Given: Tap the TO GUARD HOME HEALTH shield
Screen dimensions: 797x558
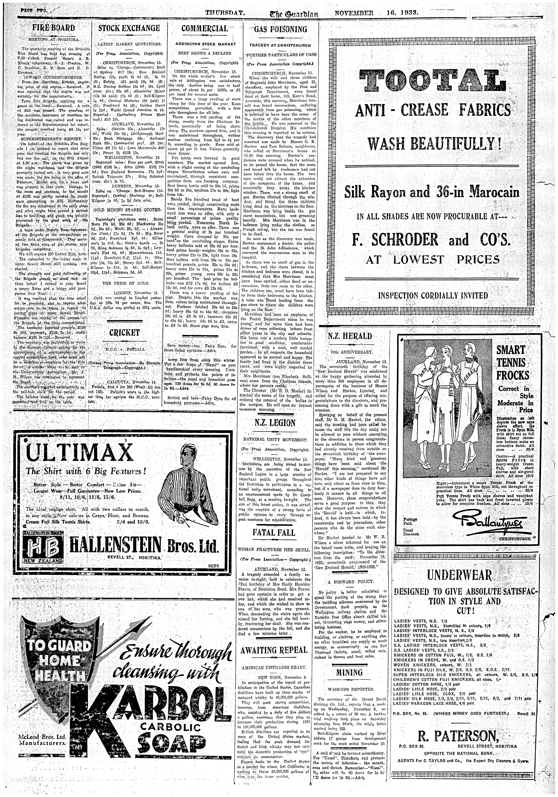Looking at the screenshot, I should point(53,659).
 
